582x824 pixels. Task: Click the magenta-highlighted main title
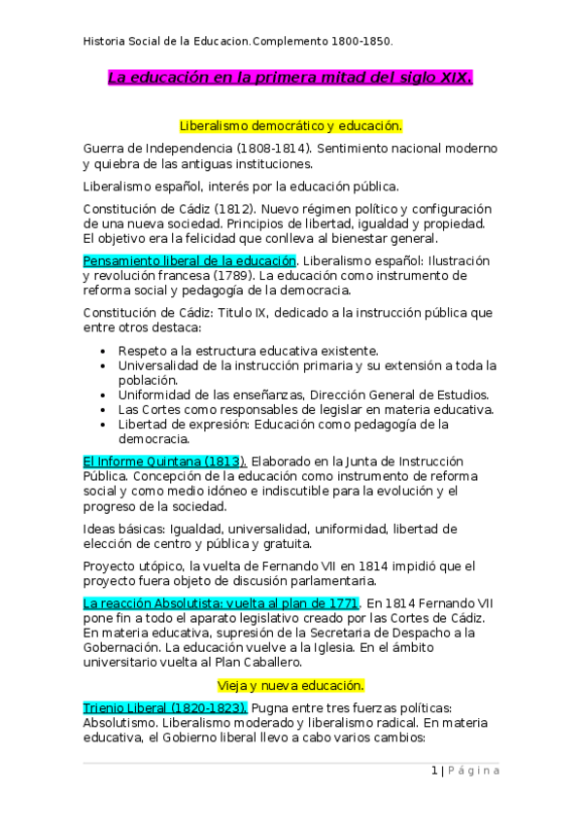point(291,77)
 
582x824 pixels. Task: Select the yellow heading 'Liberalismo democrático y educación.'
point(291,126)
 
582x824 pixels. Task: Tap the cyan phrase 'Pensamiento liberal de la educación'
point(189,260)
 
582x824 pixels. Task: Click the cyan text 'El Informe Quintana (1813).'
point(165,460)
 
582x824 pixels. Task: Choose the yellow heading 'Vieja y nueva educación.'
point(291,683)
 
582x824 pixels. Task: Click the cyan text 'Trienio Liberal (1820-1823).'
point(165,706)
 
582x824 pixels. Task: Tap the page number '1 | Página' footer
point(465,771)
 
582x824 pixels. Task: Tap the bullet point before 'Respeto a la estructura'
point(104,350)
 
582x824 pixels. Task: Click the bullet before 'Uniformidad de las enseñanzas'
point(104,394)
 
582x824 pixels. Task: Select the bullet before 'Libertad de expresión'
point(104,424)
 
